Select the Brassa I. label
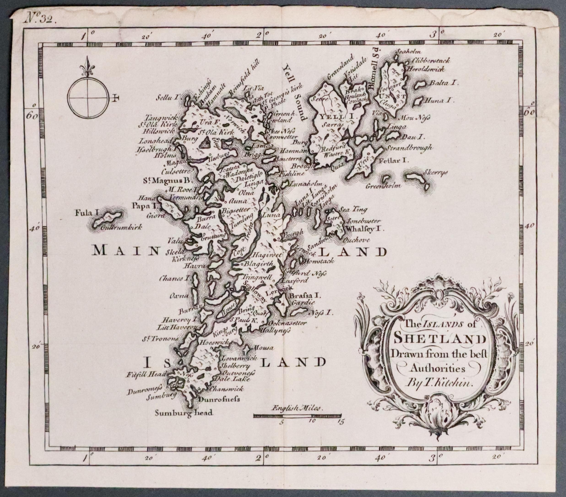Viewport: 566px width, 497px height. click(304, 296)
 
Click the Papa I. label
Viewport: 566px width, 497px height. click(145, 206)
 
